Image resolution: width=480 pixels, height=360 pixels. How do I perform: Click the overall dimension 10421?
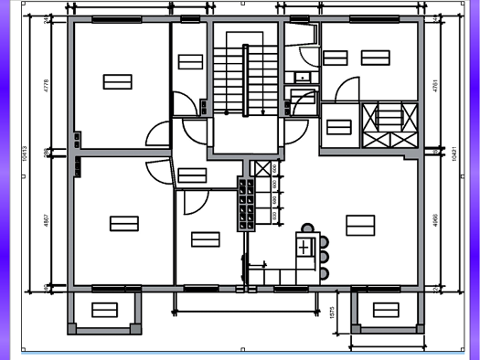[454, 155]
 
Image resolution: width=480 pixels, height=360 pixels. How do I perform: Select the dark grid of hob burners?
[245, 204]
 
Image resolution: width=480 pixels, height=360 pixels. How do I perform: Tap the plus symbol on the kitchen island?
[304, 247]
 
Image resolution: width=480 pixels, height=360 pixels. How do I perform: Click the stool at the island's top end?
[308, 228]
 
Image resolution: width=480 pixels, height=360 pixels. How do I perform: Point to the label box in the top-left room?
[117, 81]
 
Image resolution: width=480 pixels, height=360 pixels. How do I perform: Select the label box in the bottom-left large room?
[123, 223]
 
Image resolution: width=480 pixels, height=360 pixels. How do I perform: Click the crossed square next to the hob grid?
[262, 168]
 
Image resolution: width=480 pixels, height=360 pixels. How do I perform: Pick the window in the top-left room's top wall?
[109, 18]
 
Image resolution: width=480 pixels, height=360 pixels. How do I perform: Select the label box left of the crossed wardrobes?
[339, 126]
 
